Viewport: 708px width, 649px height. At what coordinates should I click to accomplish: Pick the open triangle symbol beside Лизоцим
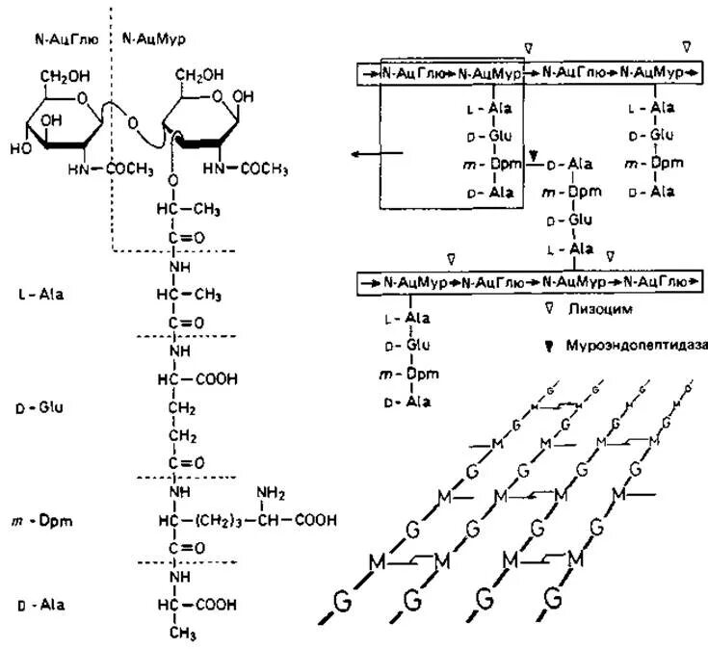[x=547, y=310]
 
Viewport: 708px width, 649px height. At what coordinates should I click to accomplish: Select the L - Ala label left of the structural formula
[x=40, y=290]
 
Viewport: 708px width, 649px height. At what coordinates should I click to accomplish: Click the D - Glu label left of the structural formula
[x=39, y=407]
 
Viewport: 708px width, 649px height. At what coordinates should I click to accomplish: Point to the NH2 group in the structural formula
[x=274, y=494]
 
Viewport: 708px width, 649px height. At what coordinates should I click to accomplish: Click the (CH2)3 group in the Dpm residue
[x=224, y=521]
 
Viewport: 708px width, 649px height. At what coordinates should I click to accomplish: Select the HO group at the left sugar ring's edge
[x=20, y=148]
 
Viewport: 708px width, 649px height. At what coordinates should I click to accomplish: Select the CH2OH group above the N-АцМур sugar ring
[x=202, y=73]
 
